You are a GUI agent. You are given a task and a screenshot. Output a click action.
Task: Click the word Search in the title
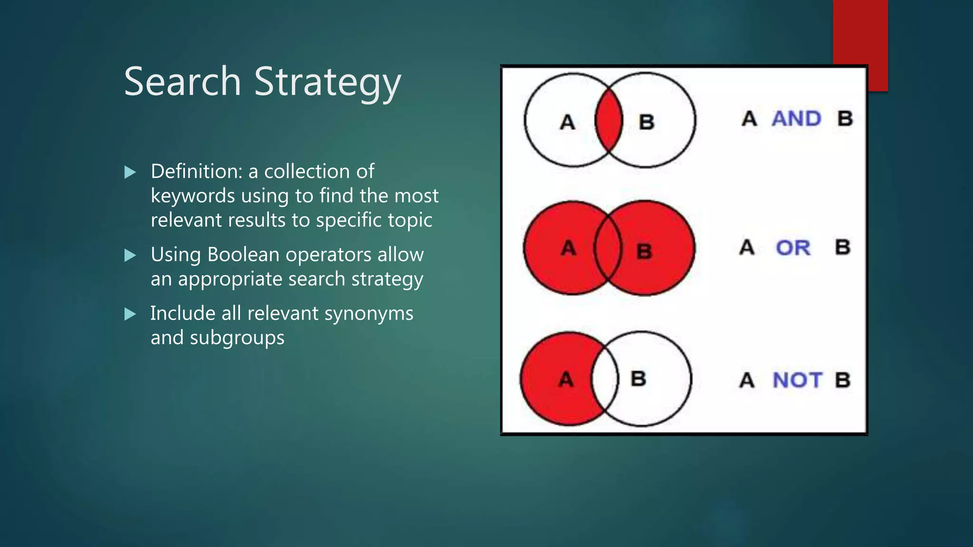click(x=182, y=82)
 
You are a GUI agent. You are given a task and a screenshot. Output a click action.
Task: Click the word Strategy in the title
click(x=327, y=83)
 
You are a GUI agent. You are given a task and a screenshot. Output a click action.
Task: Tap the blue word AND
click(x=796, y=119)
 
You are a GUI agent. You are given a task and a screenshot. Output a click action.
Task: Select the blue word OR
click(x=793, y=247)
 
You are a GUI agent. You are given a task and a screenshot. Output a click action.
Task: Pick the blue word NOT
click(x=797, y=380)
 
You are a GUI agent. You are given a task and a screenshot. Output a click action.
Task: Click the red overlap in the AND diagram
click(x=609, y=120)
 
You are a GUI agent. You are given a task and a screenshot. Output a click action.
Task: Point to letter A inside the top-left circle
click(x=567, y=123)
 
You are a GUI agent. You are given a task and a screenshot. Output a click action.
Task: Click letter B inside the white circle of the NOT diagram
click(x=638, y=379)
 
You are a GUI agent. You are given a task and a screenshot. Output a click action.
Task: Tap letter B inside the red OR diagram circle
click(x=644, y=251)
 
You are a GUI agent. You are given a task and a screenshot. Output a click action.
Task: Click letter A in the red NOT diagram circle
click(x=566, y=379)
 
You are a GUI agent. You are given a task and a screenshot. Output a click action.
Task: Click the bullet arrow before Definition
click(x=130, y=172)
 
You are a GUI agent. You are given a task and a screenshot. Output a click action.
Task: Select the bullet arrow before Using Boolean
click(x=130, y=255)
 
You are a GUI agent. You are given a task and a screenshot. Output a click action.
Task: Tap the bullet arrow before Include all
click(x=130, y=314)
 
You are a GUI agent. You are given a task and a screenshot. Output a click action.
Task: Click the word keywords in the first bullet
click(x=192, y=196)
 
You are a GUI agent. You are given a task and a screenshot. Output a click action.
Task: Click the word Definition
click(x=197, y=171)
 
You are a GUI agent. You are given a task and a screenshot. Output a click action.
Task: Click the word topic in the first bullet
click(x=410, y=220)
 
